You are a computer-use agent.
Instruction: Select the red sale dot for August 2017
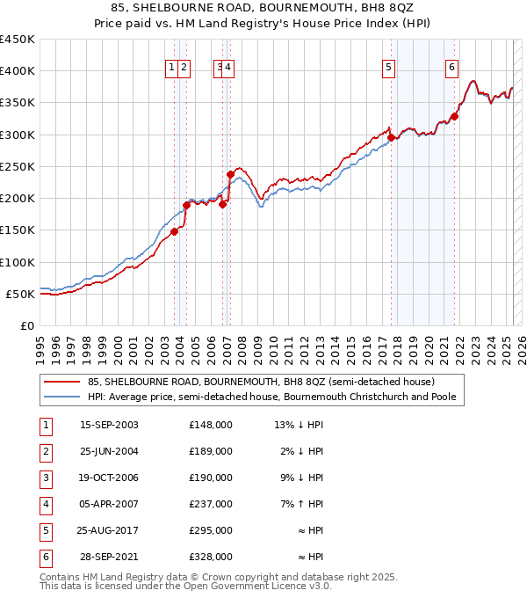pos(391,137)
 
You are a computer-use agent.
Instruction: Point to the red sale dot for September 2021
pos(455,116)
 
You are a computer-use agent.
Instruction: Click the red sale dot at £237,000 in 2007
pos(230,174)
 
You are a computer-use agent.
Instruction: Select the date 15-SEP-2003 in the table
pos(109,426)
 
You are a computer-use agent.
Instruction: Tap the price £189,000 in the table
pos(211,452)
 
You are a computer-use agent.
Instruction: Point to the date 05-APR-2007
pos(109,505)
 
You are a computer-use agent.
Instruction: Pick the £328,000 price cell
pos(211,557)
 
